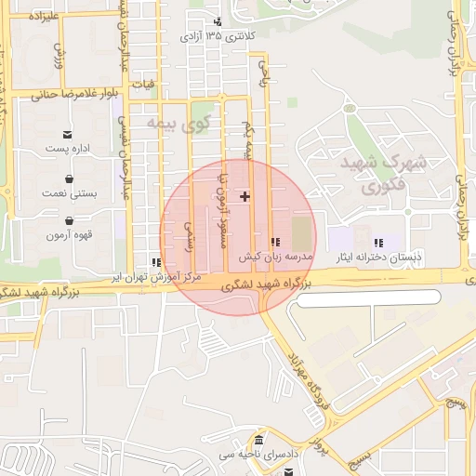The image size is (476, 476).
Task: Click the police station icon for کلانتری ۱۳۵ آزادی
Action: tap(218, 21)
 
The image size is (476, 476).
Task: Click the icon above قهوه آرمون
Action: tap(71, 221)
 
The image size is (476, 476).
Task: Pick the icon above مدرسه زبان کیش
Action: tap(273, 242)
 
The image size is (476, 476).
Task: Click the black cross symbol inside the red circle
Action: tap(245, 196)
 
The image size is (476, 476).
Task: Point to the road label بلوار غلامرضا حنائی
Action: tap(72, 94)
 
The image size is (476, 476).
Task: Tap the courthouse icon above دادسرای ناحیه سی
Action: tap(258, 440)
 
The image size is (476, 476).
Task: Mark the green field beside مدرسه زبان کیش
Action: tap(302, 232)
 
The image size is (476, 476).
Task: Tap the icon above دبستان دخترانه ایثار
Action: tap(378, 243)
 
